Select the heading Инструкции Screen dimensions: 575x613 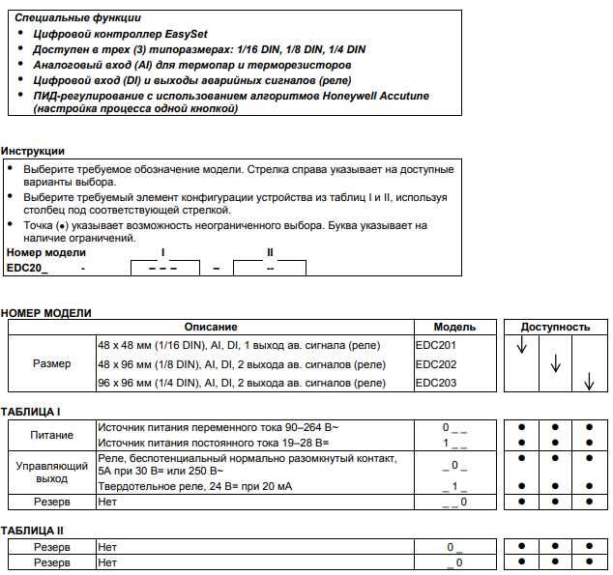pos(33,152)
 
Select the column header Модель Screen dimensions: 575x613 pos(453,328)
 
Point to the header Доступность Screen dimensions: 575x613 pos(555,328)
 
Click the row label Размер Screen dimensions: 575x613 pos(51,365)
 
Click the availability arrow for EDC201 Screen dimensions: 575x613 pos(522,346)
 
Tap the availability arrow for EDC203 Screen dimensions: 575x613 pos(588,385)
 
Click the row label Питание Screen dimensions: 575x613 pos(51,435)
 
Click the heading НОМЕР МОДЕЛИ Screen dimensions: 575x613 pos(46,313)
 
